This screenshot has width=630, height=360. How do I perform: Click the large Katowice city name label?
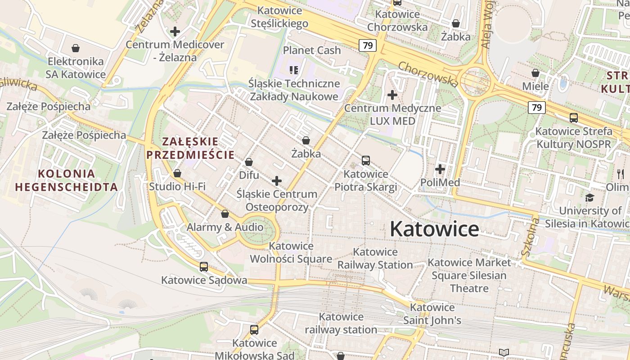click(434, 229)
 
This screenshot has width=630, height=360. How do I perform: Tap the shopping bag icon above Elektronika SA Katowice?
click(76, 48)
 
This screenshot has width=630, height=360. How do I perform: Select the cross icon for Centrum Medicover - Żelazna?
click(175, 31)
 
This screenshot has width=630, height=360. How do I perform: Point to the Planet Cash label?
click(312, 50)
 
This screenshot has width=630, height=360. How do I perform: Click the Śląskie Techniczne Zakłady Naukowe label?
click(294, 90)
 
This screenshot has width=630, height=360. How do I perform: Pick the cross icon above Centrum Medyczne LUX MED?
click(392, 95)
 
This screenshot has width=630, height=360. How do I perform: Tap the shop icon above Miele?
click(535, 73)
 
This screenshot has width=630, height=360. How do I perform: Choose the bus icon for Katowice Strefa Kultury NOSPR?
click(574, 118)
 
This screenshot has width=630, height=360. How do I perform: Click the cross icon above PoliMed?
click(440, 169)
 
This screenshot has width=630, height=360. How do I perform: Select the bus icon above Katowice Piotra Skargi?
click(366, 161)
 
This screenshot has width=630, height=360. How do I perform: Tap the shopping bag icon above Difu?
click(249, 162)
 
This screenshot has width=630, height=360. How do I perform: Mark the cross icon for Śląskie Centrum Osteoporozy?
click(277, 181)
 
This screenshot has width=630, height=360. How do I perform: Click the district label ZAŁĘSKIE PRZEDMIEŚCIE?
click(190, 148)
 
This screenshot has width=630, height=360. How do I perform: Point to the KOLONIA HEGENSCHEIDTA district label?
click(66, 180)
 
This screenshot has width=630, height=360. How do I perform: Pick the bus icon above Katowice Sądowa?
click(204, 267)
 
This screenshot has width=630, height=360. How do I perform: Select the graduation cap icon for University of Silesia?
click(589, 198)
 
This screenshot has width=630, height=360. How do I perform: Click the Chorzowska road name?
click(428, 74)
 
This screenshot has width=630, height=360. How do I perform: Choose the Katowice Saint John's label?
click(432, 314)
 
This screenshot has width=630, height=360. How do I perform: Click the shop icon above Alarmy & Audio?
click(225, 214)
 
